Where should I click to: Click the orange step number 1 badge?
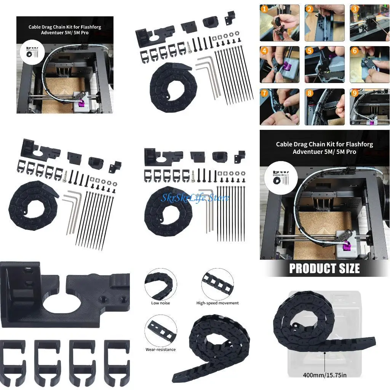pos(264,9)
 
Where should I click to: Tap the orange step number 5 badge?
pos(310,51)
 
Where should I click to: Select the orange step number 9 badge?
pos(355,93)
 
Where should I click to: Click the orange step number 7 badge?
pos(264,93)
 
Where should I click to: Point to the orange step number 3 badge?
pos(355,9)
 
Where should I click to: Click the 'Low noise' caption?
pos(160,303)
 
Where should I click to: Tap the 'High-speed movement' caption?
pos(217,303)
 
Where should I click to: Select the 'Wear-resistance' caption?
pos(160,350)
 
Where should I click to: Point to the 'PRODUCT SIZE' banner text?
pos(324,269)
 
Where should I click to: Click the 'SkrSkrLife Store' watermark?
pos(195,198)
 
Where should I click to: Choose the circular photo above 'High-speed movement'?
pos(217,284)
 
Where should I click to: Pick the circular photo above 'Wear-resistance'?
pos(160,330)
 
